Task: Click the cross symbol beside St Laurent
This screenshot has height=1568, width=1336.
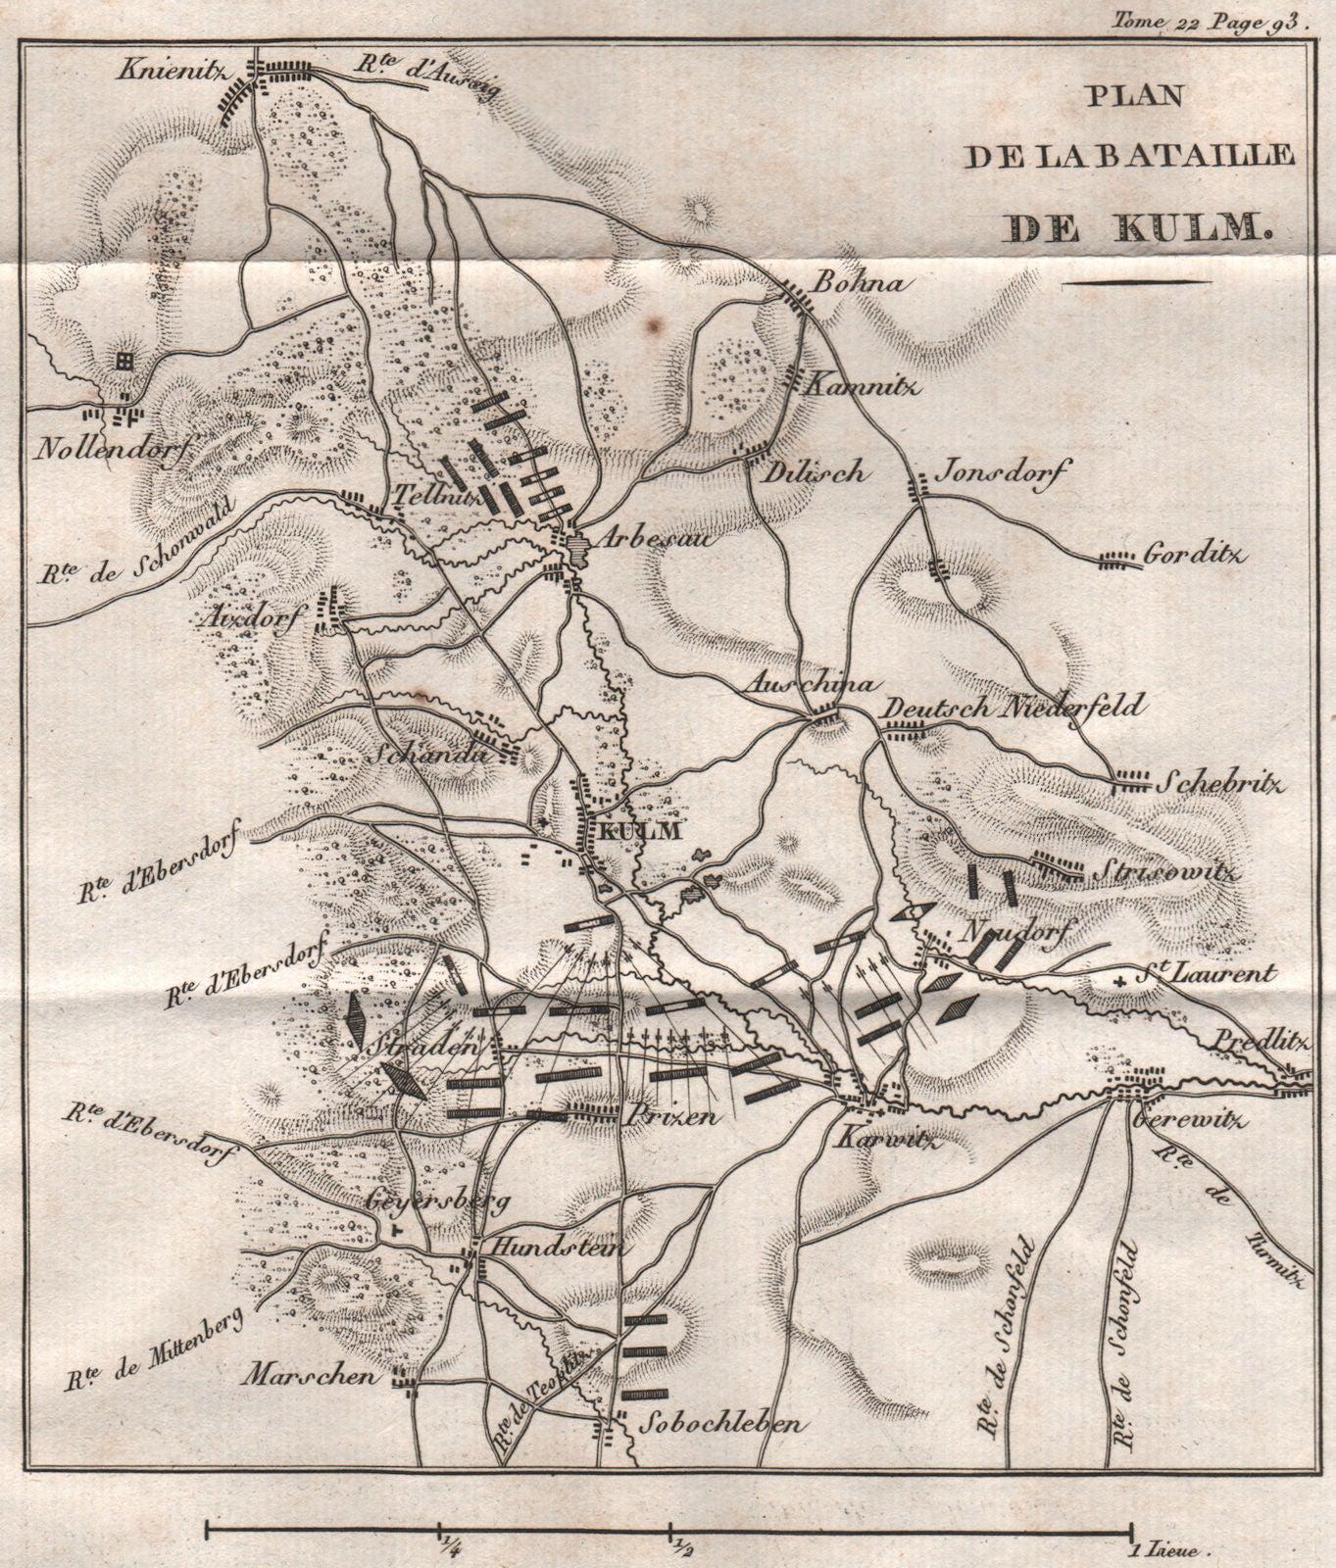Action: tap(1119, 981)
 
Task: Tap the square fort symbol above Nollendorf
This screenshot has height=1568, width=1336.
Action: tap(124, 362)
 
